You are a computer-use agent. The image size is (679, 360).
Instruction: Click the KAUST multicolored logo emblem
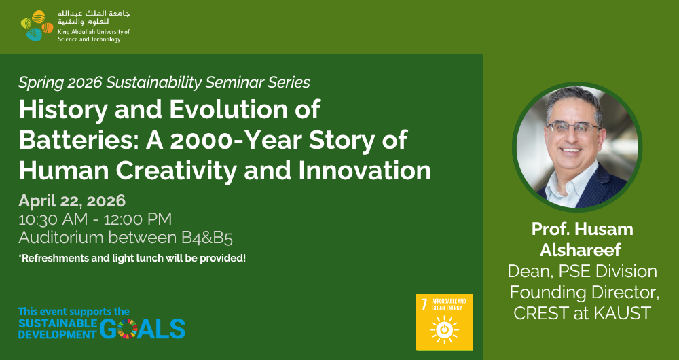pos(37,26)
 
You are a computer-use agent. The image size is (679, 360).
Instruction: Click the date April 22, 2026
pos(72,201)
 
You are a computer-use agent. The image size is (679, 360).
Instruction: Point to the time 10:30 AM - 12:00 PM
pos(95,219)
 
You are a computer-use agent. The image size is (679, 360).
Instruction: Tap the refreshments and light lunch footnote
pos(132,259)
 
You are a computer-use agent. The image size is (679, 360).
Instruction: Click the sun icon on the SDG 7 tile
pos(444,329)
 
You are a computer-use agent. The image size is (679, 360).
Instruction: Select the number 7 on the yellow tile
pos(424,304)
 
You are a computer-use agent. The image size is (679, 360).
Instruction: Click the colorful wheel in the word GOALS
pos(128,328)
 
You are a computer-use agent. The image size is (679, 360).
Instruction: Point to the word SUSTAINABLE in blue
pos(58,323)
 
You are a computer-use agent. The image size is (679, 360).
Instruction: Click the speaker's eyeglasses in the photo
pos(573,127)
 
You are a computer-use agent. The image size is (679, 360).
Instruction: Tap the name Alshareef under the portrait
pos(582,250)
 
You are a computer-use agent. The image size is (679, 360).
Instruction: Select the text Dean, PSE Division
pos(582,272)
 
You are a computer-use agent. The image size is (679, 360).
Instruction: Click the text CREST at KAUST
pos(582,312)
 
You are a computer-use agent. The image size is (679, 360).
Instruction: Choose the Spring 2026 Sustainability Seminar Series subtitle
pos(164,82)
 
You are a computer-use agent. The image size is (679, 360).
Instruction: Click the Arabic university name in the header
pos(94,18)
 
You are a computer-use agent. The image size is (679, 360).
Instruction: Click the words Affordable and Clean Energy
pos(449,304)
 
